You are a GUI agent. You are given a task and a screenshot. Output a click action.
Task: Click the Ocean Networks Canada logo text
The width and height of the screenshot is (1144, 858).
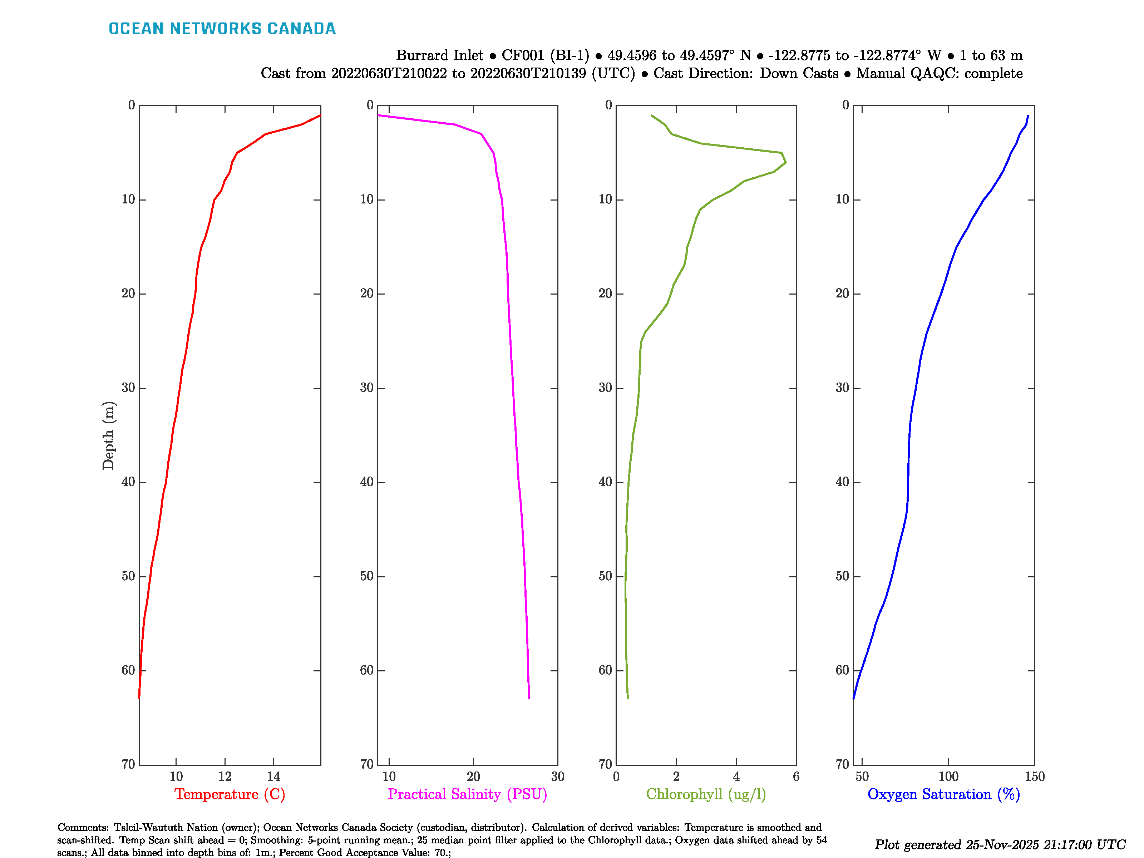(222, 29)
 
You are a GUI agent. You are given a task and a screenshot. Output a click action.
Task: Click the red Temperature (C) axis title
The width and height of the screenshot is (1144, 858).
(230, 794)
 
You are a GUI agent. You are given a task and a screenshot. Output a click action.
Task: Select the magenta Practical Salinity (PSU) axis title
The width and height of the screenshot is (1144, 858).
(467, 794)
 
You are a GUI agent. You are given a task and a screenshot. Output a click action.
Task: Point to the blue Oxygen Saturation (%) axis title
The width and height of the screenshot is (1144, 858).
(943, 794)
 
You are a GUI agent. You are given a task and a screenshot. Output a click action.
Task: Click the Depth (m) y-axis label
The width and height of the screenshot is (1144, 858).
(108, 435)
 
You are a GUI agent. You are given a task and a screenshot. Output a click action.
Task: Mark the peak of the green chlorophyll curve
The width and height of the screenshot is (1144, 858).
(785, 162)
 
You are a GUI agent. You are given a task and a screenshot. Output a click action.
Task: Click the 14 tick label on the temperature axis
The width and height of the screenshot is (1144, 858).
(273, 776)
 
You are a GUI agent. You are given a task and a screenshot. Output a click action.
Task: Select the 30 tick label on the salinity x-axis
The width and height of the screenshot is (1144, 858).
(557, 776)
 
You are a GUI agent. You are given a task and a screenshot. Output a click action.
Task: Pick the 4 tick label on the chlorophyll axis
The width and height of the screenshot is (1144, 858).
(736, 776)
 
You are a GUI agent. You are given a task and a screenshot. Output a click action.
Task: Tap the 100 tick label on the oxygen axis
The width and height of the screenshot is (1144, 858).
(948, 776)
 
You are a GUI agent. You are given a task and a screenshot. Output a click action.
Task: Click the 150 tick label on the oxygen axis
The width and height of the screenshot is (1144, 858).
(1034, 776)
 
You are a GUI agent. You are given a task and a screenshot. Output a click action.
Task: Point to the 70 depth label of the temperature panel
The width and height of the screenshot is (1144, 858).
(128, 764)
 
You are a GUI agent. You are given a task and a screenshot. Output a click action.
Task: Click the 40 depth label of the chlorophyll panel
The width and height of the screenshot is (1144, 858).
(605, 482)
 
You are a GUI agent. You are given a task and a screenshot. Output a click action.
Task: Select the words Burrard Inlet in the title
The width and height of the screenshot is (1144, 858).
(440, 55)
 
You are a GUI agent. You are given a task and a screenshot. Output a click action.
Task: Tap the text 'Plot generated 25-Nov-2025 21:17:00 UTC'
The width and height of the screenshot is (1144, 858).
(1000, 844)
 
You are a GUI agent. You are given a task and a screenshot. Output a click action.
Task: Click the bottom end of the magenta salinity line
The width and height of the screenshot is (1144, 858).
(529, 698)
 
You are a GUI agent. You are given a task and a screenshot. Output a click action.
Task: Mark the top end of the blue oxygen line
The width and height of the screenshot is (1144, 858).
(1028, 116)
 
